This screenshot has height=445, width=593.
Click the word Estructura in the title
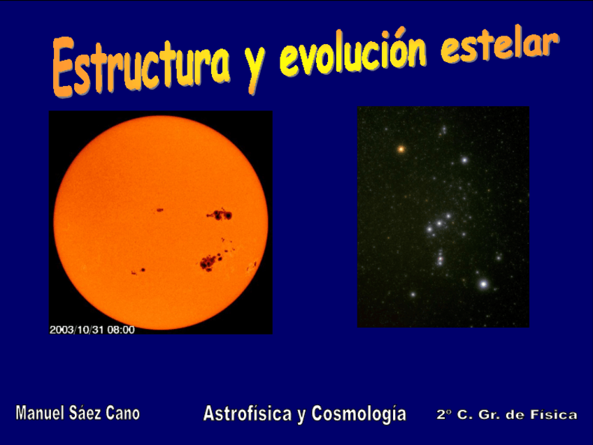point(141,67)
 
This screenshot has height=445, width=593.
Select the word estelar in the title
point(499,45)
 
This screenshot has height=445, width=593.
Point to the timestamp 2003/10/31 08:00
point(92,330)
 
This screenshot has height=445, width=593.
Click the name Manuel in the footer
point(40,413)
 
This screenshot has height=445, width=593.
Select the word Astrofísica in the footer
point(248,414)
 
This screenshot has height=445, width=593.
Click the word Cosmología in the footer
point(359,414)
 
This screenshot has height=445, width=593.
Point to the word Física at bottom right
point(554,414)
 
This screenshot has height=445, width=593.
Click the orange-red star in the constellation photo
point(401,149)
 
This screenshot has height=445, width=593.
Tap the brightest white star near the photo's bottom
point(483,284)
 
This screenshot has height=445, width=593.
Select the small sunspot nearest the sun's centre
point(160,210)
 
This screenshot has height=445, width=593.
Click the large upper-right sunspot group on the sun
point(220,215)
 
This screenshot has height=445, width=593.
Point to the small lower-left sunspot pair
point(138,271)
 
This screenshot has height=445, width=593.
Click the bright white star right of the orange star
point(464,160)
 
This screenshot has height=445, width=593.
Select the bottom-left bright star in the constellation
point(413,294)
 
